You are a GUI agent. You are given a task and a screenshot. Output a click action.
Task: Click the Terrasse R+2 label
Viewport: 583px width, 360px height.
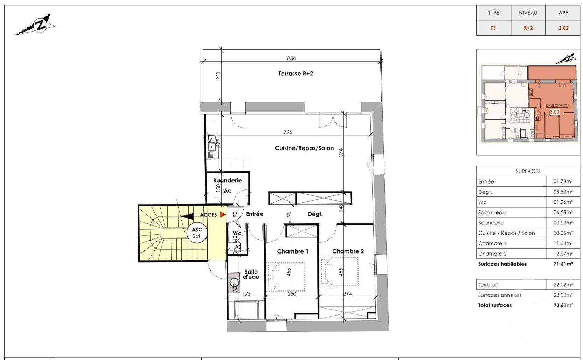click(296, 74)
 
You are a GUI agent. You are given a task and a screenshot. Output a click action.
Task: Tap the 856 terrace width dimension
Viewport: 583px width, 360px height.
click(291, 58)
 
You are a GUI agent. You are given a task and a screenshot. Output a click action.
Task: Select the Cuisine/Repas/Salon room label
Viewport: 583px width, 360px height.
click(304, 148)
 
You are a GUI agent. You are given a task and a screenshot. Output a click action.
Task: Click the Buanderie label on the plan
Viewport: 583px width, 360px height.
click(227, 180)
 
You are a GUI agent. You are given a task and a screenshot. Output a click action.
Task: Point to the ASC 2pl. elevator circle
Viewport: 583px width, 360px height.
click(197, 233)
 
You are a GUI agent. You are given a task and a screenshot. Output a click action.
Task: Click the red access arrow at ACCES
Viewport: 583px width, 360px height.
click(223, 214)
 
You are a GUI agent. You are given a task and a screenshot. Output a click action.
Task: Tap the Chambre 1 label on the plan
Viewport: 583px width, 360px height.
click(292, 251)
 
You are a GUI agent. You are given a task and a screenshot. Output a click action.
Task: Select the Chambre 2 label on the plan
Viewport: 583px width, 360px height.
click(348, 251)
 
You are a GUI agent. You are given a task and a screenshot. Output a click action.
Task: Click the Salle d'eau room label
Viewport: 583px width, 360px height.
click(251, 274)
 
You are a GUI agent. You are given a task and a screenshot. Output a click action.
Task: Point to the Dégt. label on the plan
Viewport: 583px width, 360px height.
click(315, 214)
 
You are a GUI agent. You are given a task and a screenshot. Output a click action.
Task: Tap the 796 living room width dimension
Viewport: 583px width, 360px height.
click(288, 132)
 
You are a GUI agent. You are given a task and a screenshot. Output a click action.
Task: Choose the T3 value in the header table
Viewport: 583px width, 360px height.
click(493, 28)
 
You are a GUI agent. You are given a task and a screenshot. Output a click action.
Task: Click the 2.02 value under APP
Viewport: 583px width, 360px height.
click(563, 28)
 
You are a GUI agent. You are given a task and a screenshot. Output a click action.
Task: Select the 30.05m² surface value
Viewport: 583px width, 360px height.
click(563, 233)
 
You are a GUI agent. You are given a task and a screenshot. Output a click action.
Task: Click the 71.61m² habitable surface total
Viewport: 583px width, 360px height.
click(563, 264)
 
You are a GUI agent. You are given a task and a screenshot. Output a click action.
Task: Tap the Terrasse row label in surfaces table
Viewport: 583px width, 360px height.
click(488, 285)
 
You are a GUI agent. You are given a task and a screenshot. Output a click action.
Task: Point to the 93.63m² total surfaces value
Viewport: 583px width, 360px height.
click(563, 305)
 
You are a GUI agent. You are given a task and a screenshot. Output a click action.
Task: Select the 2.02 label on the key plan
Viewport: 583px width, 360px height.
click(554, 112)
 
